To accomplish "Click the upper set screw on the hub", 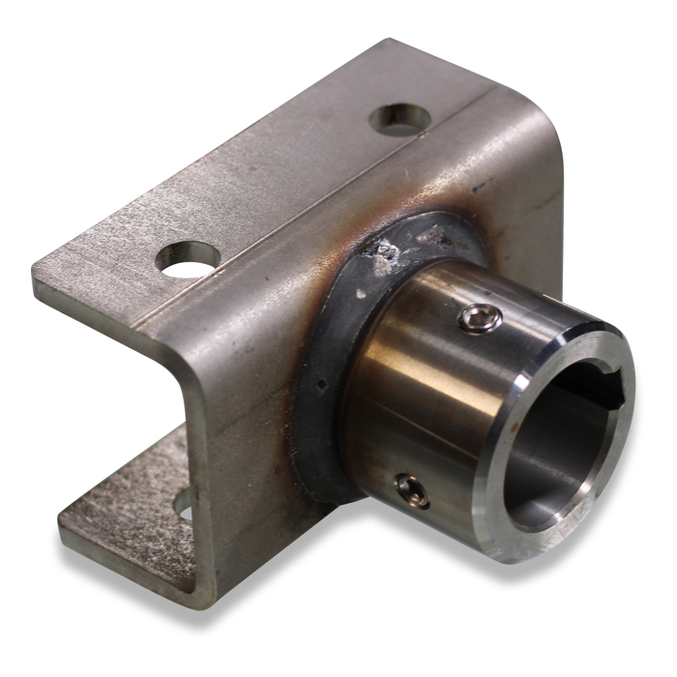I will click(477, 317).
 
